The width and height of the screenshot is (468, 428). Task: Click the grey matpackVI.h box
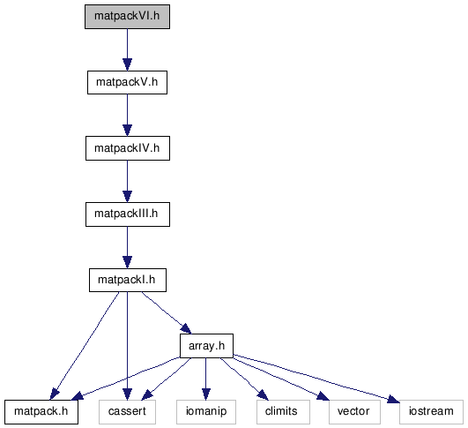point(127,17)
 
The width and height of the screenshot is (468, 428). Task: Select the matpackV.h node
point(127,82)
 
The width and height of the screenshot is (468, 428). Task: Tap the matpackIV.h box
point(128,148)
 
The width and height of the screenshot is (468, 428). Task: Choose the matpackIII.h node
point(128,214)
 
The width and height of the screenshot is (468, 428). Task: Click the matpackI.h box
point(128,280)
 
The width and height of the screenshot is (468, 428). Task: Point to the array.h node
point(206,346)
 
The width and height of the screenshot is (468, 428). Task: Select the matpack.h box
point(41,412)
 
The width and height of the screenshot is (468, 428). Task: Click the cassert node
point(127,412)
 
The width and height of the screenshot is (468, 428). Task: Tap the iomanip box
point(206,412)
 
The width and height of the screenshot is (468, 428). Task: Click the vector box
point(354,412)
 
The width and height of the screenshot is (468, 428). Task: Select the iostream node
point(431,412)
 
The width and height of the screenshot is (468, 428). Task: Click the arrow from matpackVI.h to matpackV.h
point(127,50)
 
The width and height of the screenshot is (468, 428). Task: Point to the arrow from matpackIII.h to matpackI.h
point(127,247)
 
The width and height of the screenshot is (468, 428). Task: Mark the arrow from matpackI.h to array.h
point(166,312)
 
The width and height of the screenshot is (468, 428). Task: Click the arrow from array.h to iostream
point(316,377)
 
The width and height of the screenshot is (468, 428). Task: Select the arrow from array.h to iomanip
point(206,379)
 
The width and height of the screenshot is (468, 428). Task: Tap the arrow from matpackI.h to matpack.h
point(85,346)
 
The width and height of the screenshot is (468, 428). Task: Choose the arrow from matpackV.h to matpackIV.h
point(127,116)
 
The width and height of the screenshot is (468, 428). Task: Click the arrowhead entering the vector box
point(323,396)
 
